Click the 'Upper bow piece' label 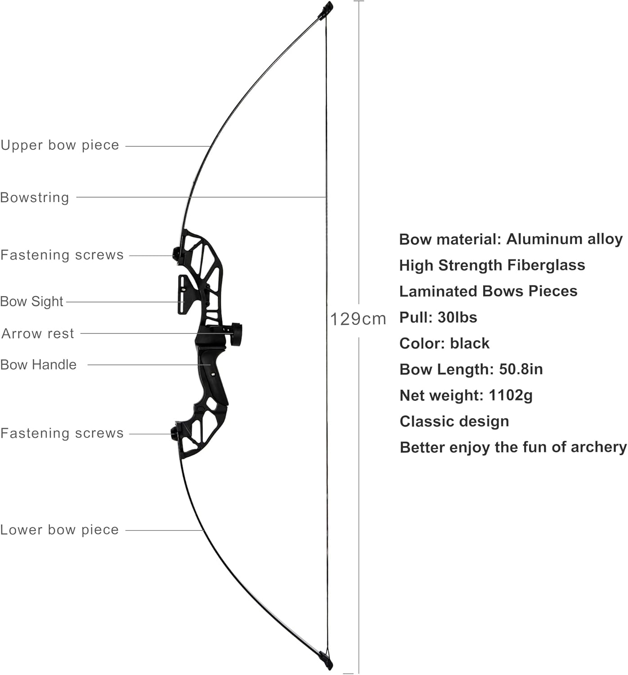[60, 145]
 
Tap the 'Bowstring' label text [35, 198]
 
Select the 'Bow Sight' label [31, 301]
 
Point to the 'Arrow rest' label [38, 333]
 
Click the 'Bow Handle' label [38, 364]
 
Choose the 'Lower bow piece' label [59, 530]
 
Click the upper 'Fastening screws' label [62, 255]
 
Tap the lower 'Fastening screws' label [62, 433]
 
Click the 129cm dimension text [358, 319]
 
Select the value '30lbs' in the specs [458, 317]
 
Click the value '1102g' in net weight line [511, 396]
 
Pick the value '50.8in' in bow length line [521, 369]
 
